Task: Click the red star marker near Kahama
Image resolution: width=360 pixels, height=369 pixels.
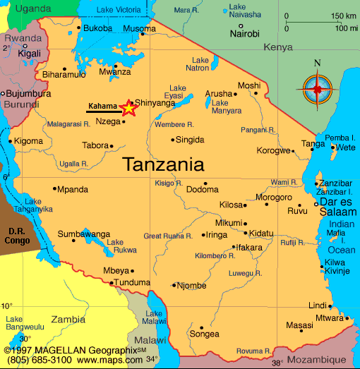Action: click(x=128, y=108)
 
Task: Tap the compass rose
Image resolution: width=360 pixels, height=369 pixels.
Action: click(x=317, y=89)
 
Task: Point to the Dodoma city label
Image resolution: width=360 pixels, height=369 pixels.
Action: click(x=202, y=189)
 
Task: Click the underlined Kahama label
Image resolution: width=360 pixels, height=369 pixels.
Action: click(x=102, y=107)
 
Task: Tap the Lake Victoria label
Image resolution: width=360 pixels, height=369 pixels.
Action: click(x=118, y=10)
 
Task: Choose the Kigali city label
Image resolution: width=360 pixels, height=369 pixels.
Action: click(x=29, y=53)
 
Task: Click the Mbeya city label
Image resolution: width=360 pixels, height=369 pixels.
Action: click(x=116, y=270)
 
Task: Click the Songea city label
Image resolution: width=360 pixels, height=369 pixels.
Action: click(x=205, y=334)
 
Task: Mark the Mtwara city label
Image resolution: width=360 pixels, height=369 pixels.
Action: click(x=329, y=318)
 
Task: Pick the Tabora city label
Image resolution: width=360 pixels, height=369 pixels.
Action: click(x=95, y=145)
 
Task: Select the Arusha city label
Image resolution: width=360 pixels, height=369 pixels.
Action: click(x=218, y=93)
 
